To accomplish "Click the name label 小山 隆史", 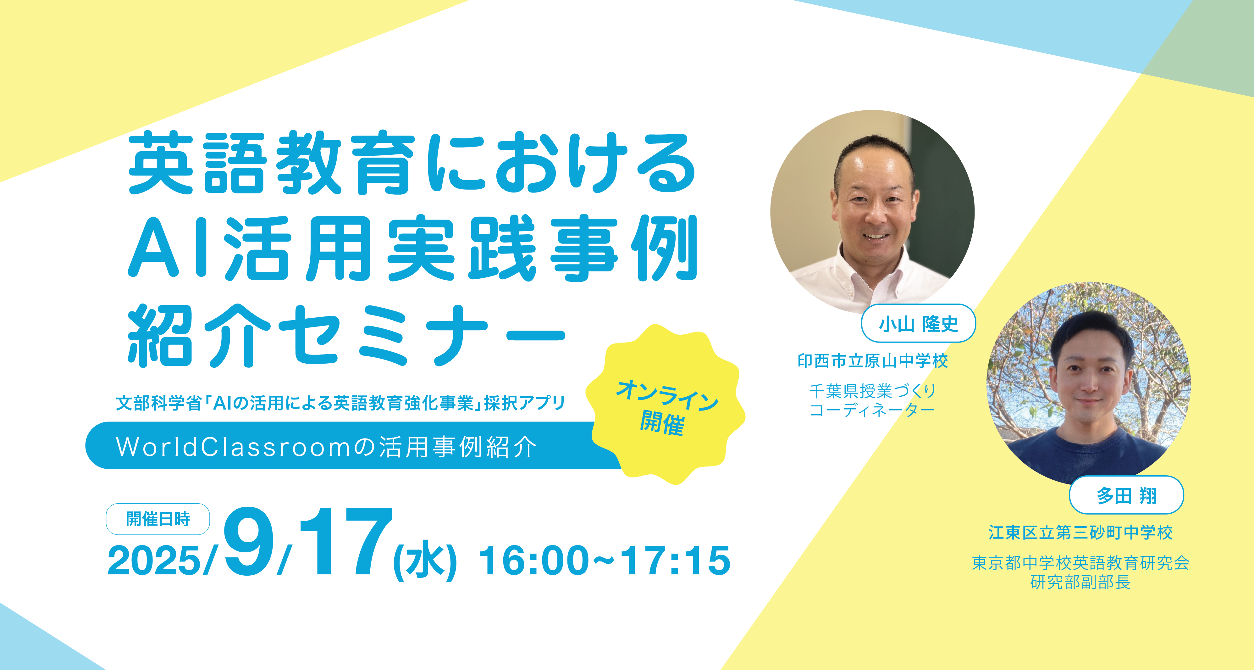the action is (x=918, y=323).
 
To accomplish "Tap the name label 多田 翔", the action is (x=1126, y=495).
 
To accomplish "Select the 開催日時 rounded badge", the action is (x=158, y=519).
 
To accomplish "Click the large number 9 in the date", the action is (x=249, y=541).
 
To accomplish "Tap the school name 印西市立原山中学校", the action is (x=872, y=361).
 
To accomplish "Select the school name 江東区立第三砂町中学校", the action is (x=1080, y=532).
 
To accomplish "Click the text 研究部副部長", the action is (x=1080, y=582).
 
